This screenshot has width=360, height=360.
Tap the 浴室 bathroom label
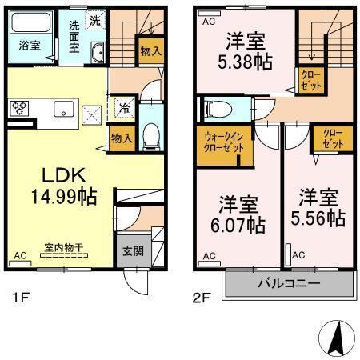point(29,46)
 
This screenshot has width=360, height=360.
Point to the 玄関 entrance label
point(132,250)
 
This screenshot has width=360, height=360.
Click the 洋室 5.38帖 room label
point(244,49)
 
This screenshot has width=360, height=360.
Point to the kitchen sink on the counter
point(64,110)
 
